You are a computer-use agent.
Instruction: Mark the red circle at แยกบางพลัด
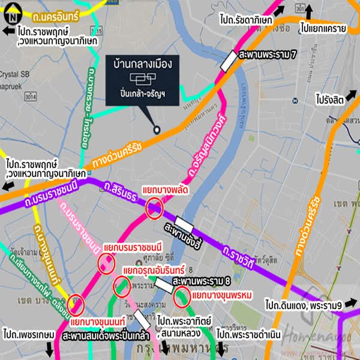click(154, 209)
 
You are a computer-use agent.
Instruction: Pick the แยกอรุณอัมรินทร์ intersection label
click(154, 271)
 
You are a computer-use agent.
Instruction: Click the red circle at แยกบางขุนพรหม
click(182, 296)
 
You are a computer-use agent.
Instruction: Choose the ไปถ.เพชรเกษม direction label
click(28, 334)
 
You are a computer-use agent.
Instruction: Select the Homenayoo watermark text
click(313, 336)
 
